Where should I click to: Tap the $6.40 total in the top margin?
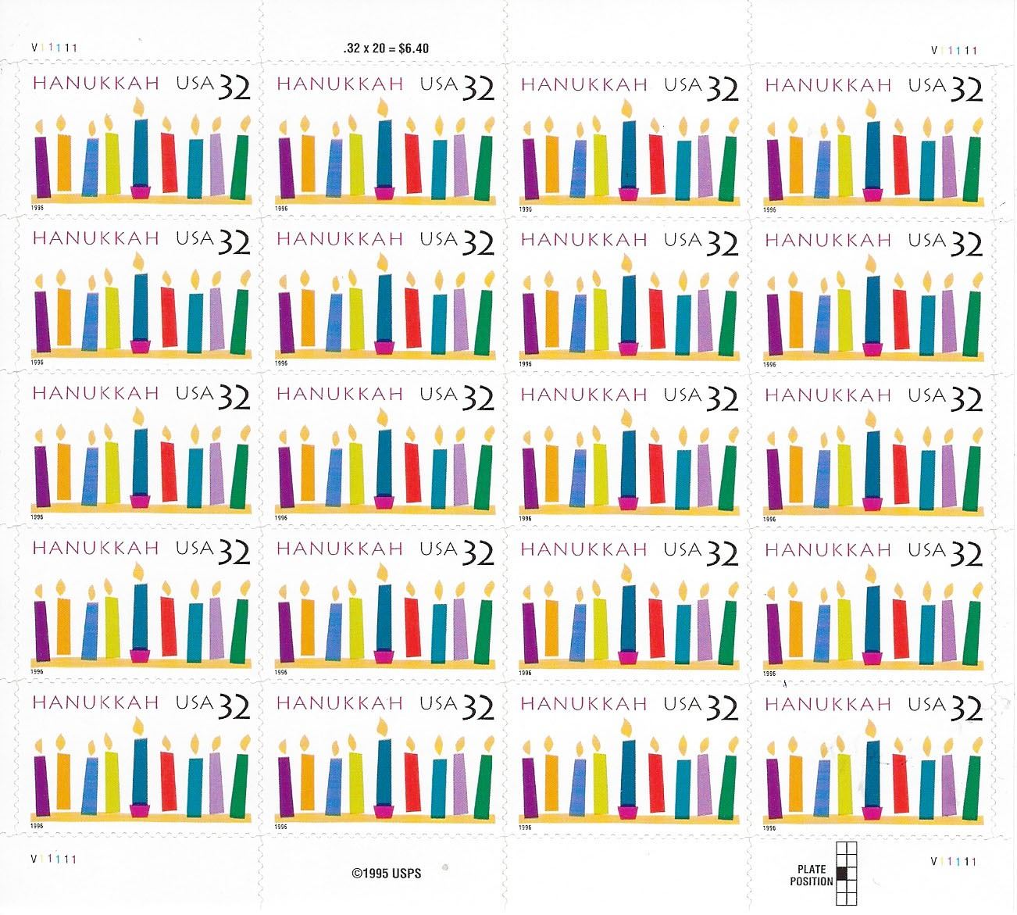(414, 48)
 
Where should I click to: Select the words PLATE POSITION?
(812, 876)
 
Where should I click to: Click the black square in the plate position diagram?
(841, 873)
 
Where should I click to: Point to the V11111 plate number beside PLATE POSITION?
(955, 861)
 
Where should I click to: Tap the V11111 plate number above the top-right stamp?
(955, 50)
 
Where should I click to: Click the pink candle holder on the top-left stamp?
(141, 191)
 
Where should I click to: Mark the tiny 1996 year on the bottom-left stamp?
(37, 825)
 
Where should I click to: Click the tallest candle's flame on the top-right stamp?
(873, 107)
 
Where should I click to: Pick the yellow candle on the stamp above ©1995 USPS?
(357, 784)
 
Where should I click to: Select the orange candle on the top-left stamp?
(63, 163)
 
